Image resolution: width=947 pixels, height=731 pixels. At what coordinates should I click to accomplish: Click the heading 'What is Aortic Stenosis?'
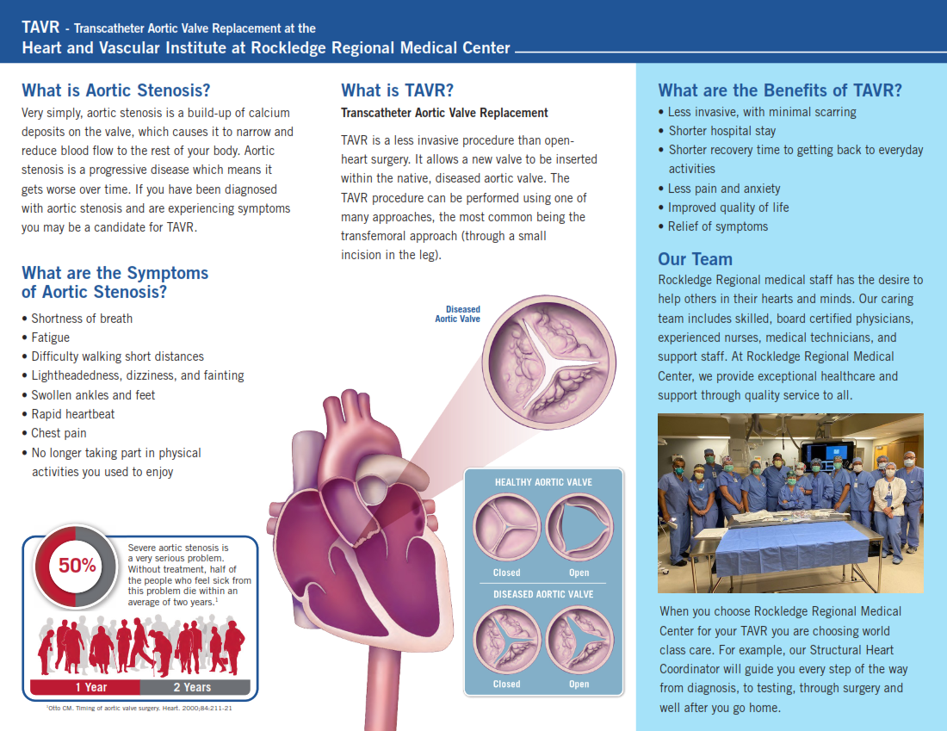pos(116,90)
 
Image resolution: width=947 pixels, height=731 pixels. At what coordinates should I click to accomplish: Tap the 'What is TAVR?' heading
pos(397,90)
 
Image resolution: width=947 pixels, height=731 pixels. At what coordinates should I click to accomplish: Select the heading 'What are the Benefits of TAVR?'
pos(780,90)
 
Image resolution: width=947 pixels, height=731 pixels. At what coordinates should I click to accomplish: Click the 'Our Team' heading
pos(695,259)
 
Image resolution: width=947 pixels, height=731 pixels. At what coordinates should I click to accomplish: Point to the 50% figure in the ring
pos(77,566)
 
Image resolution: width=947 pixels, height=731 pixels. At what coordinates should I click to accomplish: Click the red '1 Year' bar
pos(85,687)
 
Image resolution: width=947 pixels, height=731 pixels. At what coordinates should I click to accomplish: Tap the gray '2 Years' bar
pos(195,687)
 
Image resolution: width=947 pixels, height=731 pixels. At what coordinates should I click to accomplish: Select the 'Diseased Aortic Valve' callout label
pos(458,314)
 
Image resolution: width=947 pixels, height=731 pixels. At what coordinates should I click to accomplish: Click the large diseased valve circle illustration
pos(549,363)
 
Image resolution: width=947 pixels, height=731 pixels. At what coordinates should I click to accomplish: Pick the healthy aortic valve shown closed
pos(506,528)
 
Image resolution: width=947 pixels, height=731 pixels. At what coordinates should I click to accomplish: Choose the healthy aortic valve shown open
pos(579,528)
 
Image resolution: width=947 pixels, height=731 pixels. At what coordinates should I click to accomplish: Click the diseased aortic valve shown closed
pos(506,640)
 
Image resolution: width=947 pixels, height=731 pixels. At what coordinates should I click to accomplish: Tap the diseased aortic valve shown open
pos(579,640)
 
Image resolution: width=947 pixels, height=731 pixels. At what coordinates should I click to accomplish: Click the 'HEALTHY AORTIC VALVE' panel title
pos(543,482)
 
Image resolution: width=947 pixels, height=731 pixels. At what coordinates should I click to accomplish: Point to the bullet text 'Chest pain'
pos(59,433)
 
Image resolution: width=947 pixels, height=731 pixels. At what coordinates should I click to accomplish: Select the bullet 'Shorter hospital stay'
pos(721,131)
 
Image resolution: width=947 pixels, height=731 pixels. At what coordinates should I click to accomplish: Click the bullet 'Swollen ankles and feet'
pos(93,395)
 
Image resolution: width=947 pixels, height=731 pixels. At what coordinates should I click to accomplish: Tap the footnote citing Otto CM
pos(139,708)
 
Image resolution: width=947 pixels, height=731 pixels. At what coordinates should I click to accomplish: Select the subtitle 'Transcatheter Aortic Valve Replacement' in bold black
pos(444,113)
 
